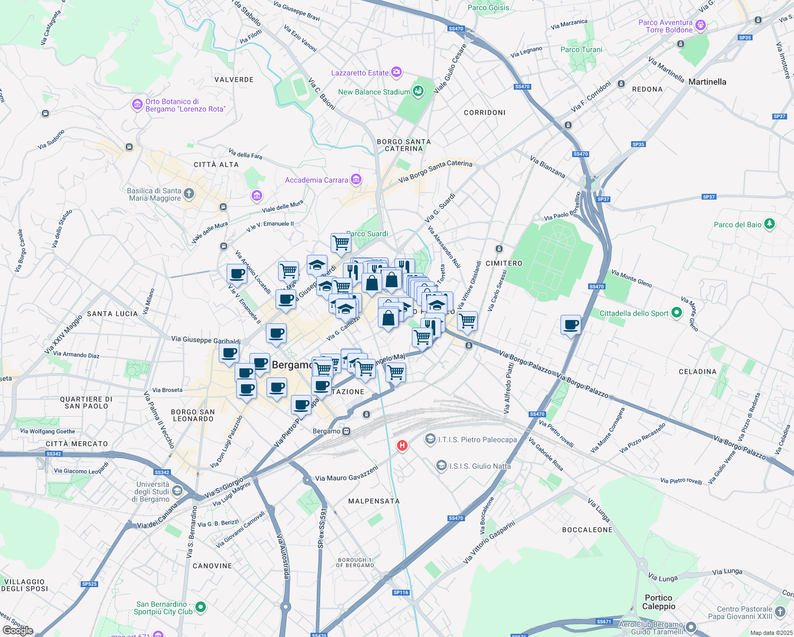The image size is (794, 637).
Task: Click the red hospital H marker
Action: (402, 445)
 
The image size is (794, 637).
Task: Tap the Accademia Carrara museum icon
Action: (356, 180)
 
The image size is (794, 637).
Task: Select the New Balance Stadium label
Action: (374, 92)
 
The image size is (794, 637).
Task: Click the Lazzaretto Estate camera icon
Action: (396, 72)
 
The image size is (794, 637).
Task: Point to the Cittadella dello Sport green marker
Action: (676, 313)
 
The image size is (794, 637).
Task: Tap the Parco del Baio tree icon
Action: (770, 224)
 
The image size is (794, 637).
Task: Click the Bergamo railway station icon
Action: (346, 431)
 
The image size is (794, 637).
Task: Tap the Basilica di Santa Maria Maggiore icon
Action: (189, 194)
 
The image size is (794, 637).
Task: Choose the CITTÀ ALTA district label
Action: (216, 165)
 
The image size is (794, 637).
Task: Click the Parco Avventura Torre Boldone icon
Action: (701, 25)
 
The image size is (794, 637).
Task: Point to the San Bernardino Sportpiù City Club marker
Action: (200, 606)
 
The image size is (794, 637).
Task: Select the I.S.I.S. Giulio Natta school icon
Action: (441, 466)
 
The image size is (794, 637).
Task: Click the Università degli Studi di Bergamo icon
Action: (177, 490)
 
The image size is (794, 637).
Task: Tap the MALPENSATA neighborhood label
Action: (374, 501)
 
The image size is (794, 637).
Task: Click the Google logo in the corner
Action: (18, 631)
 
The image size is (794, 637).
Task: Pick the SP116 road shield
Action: (401, 592)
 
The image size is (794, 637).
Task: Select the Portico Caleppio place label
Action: (659, 602)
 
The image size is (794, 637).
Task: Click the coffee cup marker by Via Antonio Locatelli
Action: (237, 274)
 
